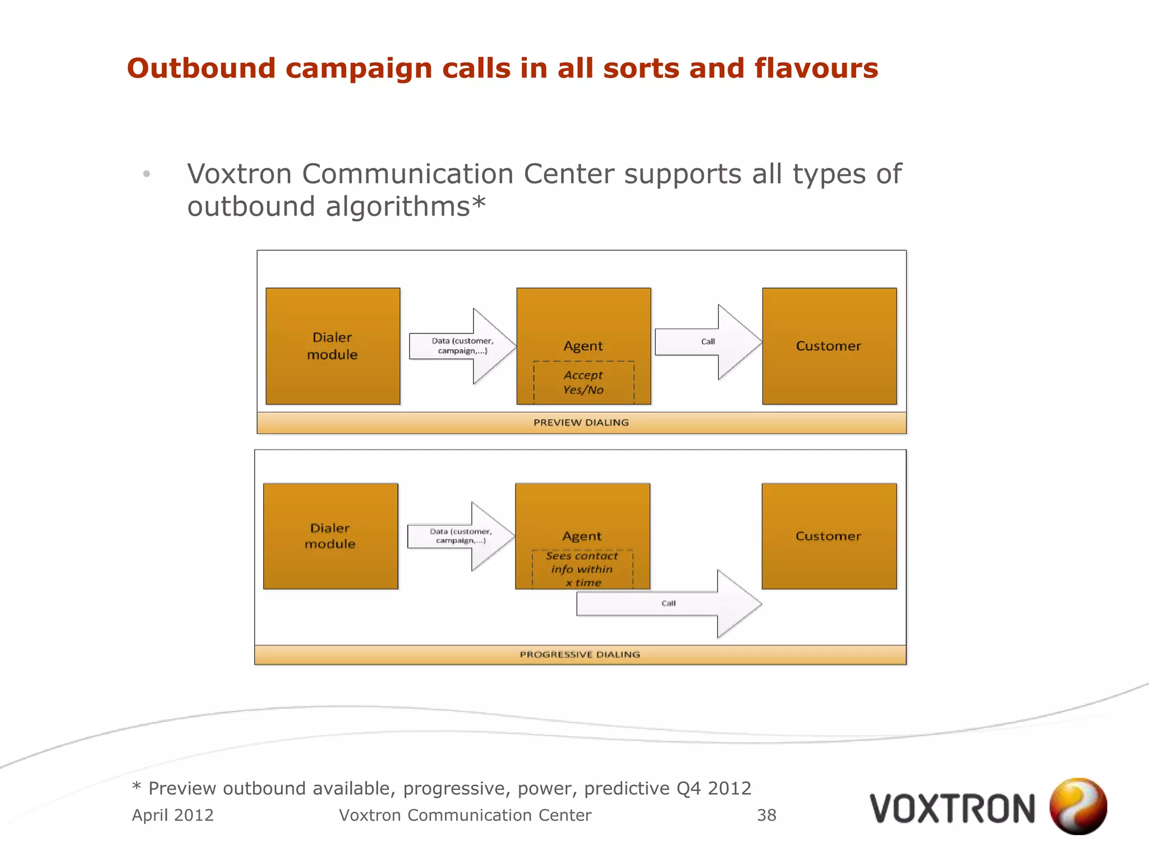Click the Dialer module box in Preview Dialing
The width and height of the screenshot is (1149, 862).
[x=333, y=346]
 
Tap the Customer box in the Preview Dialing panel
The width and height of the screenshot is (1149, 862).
[x=829, y=346]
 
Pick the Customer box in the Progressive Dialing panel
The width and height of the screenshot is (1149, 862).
[x=829, y=536]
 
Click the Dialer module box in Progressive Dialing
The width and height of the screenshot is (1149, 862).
[x=330, y=536]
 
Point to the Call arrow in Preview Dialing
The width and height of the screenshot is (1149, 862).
[x=708, y=342]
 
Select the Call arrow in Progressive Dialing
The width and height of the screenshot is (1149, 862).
[x=669, y=604]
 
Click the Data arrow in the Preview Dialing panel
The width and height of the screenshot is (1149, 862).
[x=462, y=346]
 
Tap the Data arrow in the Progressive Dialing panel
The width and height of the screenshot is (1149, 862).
[x=461, y=536]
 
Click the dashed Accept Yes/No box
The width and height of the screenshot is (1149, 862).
[x=583, y=382]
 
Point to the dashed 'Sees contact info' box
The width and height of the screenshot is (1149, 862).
[x=582, y=569]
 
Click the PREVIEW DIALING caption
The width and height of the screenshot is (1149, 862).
[x=581, y=423]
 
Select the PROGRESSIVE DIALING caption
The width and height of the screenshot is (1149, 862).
[x=580, y=654]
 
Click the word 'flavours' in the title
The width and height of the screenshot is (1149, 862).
[x=816, y=68]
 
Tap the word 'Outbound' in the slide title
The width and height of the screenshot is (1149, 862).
[x=201, y=68]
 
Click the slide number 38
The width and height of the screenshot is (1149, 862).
[x=766, y=815]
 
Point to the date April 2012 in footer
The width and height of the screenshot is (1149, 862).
[x=173, y=815]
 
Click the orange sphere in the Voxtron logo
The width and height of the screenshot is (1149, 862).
[x=1078, y=806]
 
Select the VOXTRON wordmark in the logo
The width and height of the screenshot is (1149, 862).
[x=952, y=809]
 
